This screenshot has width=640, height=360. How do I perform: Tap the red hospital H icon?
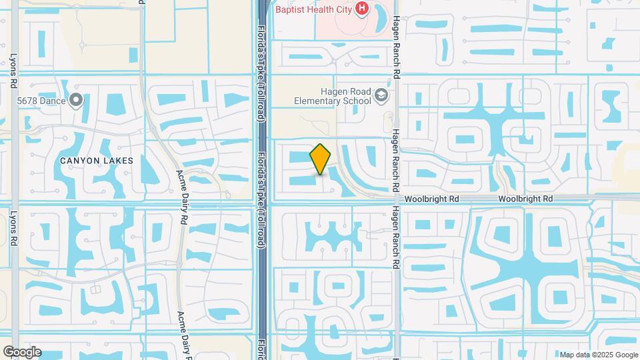(x=362, y=8)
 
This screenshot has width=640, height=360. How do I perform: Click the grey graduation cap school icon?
(x=381, y=96)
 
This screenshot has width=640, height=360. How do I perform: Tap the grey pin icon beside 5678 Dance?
(x=76, y=101)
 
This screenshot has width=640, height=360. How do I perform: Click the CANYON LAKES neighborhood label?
(x=97, y=161)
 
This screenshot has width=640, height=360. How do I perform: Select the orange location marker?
(x=321, y=159)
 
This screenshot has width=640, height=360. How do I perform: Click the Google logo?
(x=22, y=352)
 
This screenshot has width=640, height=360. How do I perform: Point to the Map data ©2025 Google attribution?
(x=599, y=355)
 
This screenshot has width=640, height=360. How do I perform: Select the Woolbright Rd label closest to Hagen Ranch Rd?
(x=434, y=199)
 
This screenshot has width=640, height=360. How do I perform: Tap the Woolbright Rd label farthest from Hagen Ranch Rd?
(x=526, y=199)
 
